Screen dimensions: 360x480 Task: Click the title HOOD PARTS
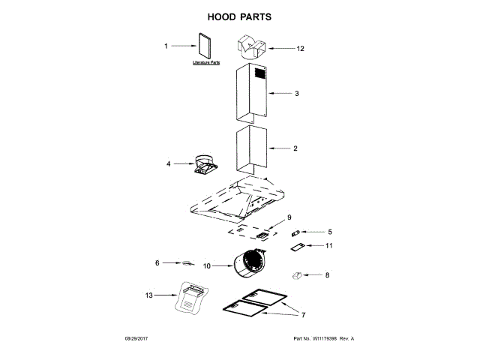click(240, 16)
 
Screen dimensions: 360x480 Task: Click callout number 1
click(166, 46)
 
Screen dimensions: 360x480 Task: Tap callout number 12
click(300, 49)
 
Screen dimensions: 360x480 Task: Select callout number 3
click(296, 94)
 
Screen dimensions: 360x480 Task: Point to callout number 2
click(295, 148)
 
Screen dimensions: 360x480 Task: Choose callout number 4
click(169, 163)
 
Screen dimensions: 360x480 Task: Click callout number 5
click(328, 232)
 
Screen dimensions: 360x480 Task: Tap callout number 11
click(328, 245)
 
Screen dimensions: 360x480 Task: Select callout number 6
click(157, 263)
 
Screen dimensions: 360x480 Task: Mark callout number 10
click(208, 265)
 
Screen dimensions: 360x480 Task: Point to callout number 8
click(326, 275)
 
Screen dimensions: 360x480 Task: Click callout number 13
click(148, 295)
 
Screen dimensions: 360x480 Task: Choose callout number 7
click(304, 313)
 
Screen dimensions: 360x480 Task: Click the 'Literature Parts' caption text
click(205, 63)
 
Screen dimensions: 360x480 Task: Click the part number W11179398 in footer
click(323, 339)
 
